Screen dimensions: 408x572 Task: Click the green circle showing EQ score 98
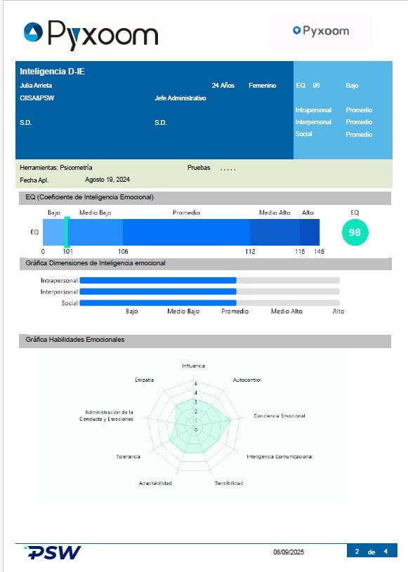[x=355, y=232]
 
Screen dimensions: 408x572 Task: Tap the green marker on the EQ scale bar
[x=67, y=232]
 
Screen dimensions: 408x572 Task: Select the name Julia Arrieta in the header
[x=36, y=86]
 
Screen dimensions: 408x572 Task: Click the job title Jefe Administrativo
[x=180, y=98]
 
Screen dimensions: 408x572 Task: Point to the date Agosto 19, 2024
[x=107, y=180]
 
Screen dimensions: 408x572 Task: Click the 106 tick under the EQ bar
[x=123, y=251]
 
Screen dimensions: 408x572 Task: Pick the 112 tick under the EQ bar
[x=250, y=251]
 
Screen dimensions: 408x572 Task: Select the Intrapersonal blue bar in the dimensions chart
[x=158, y=280]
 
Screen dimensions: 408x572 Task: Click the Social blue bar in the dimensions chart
[x=158, y=302]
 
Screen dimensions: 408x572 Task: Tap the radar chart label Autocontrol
[x=247, y=380]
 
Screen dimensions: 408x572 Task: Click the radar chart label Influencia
[x=193, y=366]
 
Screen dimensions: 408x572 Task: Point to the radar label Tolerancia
[x=128, y=456]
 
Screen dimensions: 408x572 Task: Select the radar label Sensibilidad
[x=229, y=483]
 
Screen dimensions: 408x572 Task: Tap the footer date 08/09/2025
[x=289, y=552]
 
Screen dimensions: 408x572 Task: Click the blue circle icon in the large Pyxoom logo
[x=33, y=32]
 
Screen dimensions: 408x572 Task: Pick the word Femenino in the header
[x=263, y=86]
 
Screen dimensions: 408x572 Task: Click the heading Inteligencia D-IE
[x=52, y=71]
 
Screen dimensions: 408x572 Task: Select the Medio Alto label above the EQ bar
[x=275, y=213]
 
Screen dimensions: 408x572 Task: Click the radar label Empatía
[x=144, y=380]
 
